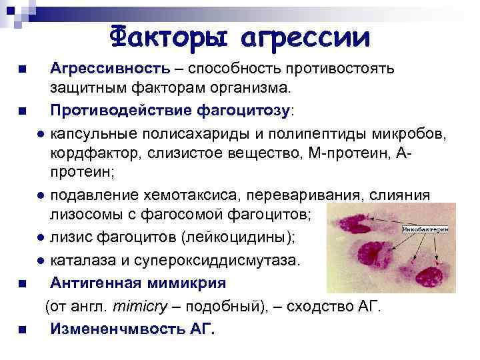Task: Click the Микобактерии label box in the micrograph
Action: point(425,229)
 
